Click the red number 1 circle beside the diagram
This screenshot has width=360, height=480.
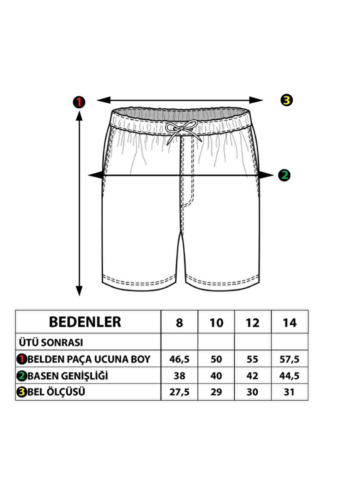click(79, 102)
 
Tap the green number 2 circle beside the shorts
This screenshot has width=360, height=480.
click(284, 175)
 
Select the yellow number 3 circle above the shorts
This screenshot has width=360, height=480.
click(287, 100)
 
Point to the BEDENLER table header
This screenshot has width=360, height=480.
click(85, 322)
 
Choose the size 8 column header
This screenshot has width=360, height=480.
click(179, 323)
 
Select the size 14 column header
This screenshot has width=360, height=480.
click(290, 323)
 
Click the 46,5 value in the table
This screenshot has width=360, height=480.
click(179, 359)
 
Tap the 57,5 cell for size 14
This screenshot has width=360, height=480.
click(289, 359)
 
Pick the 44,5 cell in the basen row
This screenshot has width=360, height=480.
click(289, 376)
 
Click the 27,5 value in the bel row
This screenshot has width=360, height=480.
click(179, 392)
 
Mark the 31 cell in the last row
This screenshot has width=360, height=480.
click(289, 392)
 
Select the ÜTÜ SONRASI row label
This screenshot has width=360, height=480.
click(51, 342)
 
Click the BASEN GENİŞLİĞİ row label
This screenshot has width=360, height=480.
click(68, 376)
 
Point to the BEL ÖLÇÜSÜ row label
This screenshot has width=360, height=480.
click(56, 392)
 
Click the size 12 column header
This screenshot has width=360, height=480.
click(252, 323)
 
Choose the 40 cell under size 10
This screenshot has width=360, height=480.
click(216, 376)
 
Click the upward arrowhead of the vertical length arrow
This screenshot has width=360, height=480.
click(79, 116)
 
